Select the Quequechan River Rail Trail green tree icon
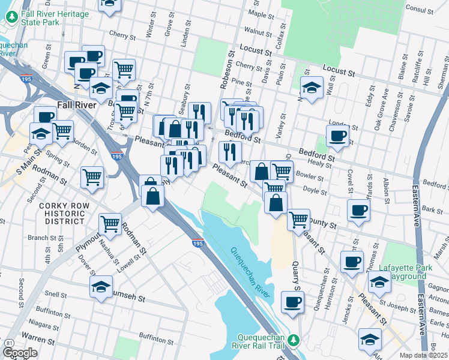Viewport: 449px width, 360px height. (294, 340)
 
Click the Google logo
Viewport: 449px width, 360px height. (20, 353)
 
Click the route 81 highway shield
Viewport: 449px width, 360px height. (9, 343)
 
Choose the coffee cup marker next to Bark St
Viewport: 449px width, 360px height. (359, 210)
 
